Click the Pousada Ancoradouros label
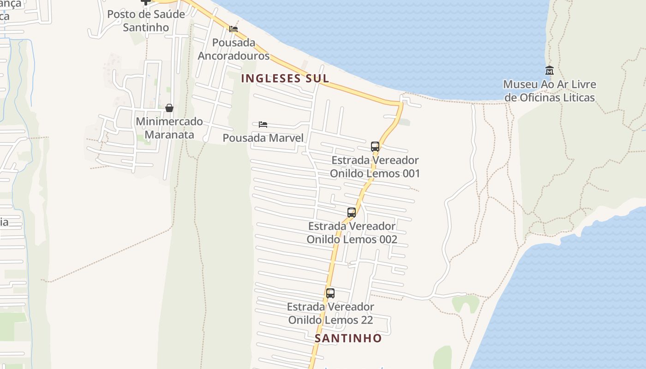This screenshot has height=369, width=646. pos(233,49)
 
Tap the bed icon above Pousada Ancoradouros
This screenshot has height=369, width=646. pos(233,29)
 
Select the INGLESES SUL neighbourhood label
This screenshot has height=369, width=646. pos(285,78)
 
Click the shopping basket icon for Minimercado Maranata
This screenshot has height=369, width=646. pos(169,108)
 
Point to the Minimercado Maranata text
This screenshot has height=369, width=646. pos(169,128)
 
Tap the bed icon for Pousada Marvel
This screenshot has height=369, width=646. pos(263,125)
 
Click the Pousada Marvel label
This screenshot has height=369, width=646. pos(263,138)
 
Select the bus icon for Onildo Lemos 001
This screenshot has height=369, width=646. pos(375,147)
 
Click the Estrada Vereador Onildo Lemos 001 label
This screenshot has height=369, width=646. pos(375,167)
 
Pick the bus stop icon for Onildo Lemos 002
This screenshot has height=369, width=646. pos(352,213)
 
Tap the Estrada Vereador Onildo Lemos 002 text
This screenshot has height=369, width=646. pos(352,233)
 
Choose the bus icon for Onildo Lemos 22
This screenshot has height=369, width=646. pos(330,293)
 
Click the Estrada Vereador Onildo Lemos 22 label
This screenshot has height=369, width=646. pos(330,313)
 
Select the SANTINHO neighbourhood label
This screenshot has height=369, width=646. pos(348,339)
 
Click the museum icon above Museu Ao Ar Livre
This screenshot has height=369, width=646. pos(549,71)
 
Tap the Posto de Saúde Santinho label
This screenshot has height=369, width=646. pos(146,21)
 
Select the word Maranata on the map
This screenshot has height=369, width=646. pos(169,134)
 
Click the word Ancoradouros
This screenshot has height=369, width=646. pos(233,56)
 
